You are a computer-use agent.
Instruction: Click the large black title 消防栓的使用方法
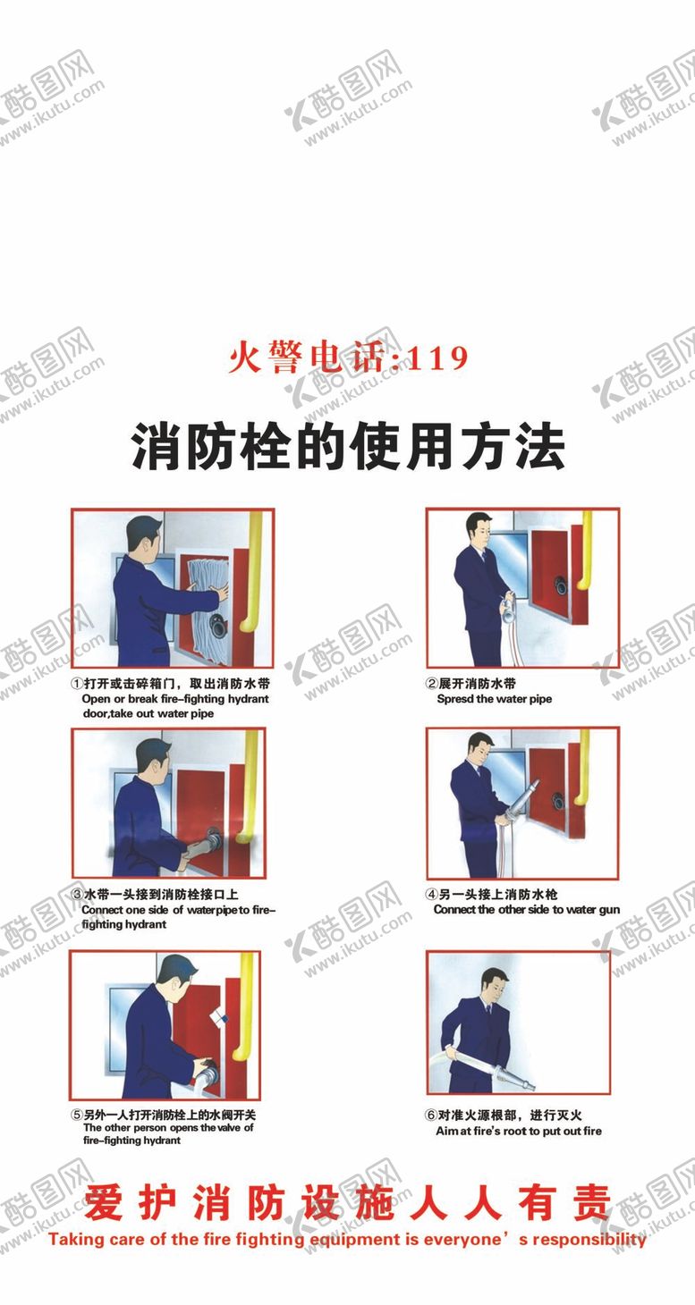pos(348,447)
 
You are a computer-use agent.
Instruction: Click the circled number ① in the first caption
pos(76,683)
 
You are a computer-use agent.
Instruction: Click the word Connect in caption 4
pos(454,909)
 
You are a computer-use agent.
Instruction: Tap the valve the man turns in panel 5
pos(208,1071)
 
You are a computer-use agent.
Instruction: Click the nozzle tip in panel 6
pos(529,1086)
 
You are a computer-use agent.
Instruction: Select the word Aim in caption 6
pos(446,1131)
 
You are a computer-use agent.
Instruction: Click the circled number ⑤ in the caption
pos(76,1116)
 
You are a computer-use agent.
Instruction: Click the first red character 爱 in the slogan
pos(103,1202)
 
